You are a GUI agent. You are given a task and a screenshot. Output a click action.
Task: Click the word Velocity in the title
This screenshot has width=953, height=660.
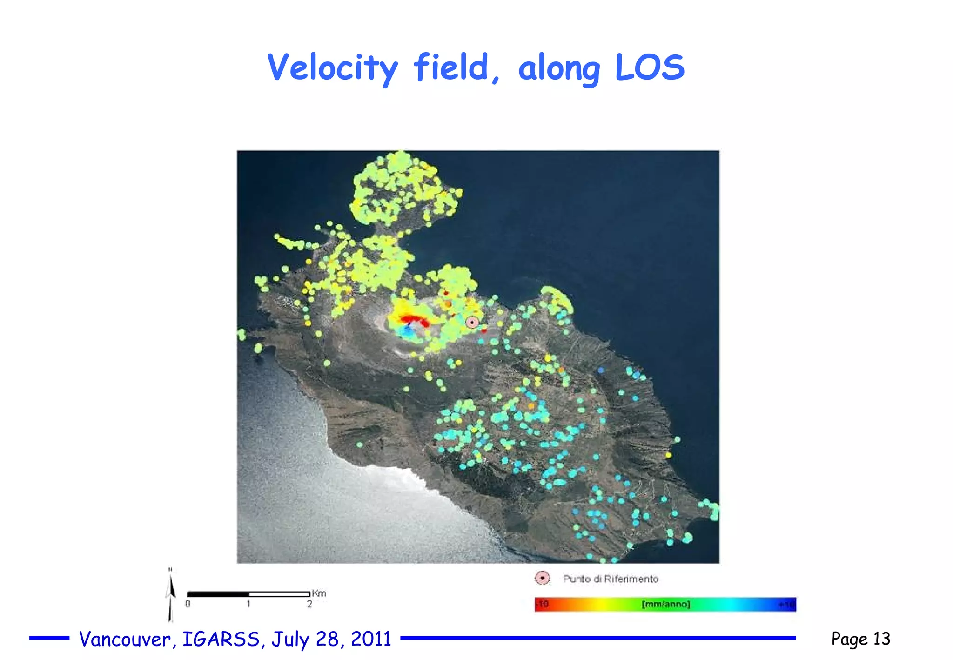333,68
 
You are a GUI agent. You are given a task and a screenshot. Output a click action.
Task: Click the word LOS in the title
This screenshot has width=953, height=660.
650,68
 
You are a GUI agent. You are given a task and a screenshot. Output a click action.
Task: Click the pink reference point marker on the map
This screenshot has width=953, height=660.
472,322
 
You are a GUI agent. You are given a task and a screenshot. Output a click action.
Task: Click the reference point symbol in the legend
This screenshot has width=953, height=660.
542,578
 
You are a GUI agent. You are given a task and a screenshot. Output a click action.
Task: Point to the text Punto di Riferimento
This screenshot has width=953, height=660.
610,579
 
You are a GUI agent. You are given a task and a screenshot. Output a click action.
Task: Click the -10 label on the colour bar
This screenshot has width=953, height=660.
543,604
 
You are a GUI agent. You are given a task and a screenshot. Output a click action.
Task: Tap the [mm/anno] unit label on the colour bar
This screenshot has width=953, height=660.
665,604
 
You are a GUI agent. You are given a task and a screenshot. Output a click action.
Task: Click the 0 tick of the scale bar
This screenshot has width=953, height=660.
188,604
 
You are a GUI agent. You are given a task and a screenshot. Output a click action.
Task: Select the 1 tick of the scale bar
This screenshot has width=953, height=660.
248,604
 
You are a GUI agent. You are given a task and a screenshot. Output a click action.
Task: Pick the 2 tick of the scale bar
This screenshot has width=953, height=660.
309,604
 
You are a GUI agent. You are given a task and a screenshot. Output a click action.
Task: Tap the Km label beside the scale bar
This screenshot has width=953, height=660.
319,593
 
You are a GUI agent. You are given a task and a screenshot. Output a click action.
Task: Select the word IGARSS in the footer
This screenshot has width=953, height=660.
221,639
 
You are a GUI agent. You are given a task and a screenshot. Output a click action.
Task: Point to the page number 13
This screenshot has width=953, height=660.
881,639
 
